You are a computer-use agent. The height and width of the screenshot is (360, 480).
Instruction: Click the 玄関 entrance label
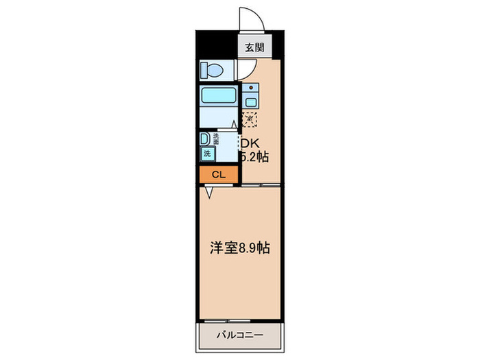point(252,48)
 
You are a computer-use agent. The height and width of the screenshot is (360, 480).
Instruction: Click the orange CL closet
point(218,175)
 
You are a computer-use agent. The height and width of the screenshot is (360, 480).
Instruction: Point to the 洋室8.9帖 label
point(239,248)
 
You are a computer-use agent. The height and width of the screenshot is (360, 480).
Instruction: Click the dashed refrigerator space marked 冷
point(250,119)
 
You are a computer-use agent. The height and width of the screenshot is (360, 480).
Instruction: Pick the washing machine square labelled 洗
point(207,154)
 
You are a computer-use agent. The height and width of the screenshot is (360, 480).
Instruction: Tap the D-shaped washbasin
point(204,139)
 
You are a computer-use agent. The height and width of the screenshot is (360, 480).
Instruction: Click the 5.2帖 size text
point(253,157)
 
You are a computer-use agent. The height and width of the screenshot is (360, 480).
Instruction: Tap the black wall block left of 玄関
point(217,45)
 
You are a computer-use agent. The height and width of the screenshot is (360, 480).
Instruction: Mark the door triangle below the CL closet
point(211,193)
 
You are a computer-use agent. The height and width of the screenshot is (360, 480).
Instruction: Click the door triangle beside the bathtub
point(235,124)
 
